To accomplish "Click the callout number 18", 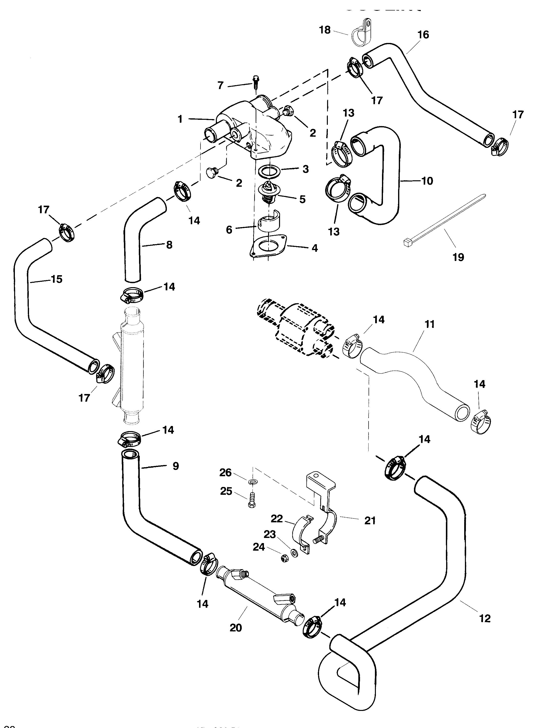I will pyautogui.click(x=325, y=30).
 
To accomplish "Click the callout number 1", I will pyautogui.click(x=180, y=119).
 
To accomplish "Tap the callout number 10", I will pyautogui.click(x=427, y=181).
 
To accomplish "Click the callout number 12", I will pyautogui.click(x=485, y=618).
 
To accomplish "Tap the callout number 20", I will pyautogui.click(x=236, y=628).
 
